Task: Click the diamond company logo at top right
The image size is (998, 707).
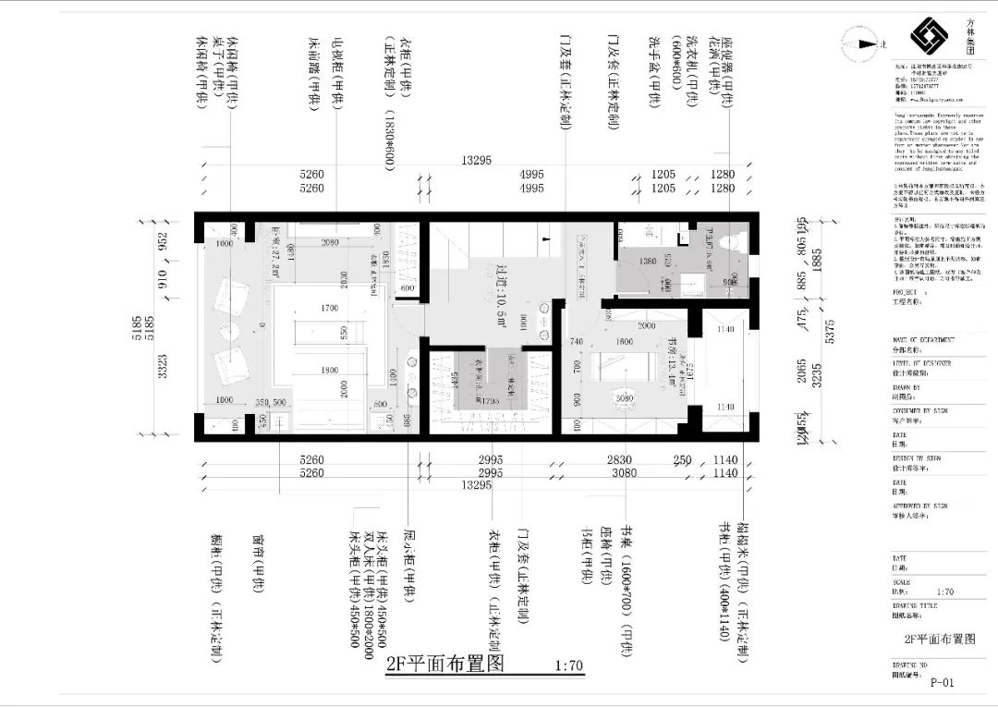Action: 929,36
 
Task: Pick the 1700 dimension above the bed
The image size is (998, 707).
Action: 329,309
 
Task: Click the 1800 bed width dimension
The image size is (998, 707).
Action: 329,371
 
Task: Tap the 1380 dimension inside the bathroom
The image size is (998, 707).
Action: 649,262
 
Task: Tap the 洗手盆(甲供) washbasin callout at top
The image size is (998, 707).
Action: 654,72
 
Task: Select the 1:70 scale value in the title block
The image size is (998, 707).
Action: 944,591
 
